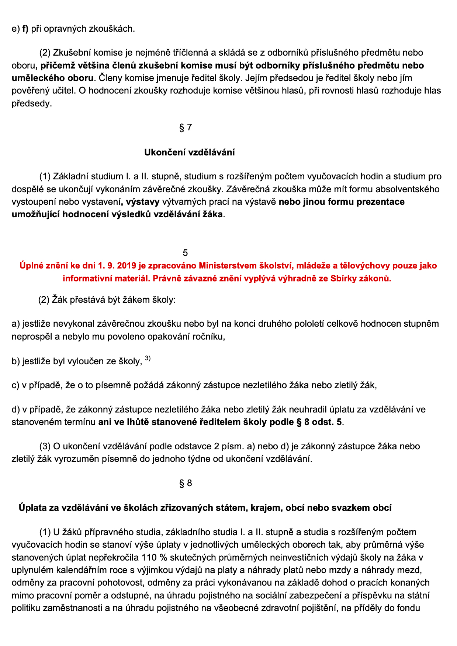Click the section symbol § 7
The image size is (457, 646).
click(186, 127)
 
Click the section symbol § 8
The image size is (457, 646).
click(186, 483)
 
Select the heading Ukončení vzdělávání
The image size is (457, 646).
click(189, 152)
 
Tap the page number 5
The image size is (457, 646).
click(185, 253)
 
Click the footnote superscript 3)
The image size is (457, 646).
click(148, 358)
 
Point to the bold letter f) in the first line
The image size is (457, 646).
click(25, 29)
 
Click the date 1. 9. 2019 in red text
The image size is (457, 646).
click(118, 266)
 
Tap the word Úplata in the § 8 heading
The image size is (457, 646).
click(32, 508)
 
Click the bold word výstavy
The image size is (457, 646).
click(142, 202)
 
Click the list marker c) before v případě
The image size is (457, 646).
click(15, 385)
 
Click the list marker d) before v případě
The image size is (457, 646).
click(15, 409)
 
